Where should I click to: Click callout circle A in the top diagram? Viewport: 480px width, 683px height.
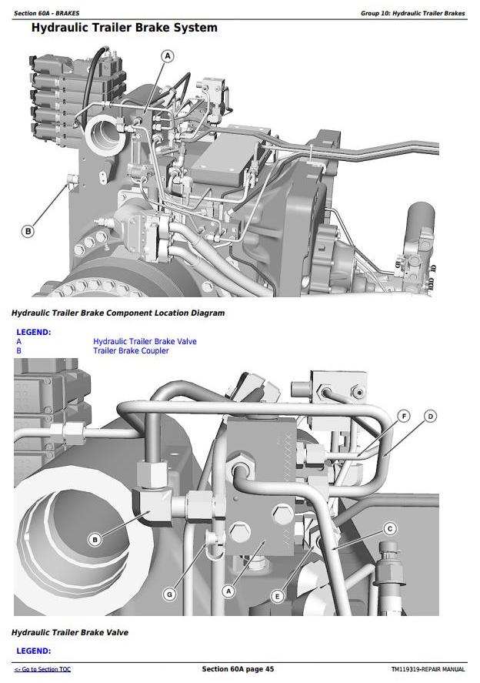(x=168, y=56)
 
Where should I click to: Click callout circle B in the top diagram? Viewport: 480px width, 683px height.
(x=28, y=231)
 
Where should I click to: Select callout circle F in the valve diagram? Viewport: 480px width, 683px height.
(x=404, y=417)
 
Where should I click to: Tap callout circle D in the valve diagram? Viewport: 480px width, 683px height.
(x=431, y=417)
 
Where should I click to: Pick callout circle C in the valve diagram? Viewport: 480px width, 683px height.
(x=390, y=529)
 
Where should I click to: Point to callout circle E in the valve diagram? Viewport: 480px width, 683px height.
(x=277, y=596)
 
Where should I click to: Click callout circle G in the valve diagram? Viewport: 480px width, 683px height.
(x=170, y=594)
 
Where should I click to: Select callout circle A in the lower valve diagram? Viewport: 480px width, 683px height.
(x=228, y=591)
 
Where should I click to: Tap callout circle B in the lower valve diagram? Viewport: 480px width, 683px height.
(x=95, y=540)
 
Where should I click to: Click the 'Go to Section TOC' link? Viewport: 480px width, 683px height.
(x=42, y=669)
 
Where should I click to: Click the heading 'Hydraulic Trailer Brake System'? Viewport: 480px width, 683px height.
(x=125, y=28)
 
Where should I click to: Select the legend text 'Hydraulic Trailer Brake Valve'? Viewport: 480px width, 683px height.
(x=145, y=342)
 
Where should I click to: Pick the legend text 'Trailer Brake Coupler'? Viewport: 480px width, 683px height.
(x=131, y=350)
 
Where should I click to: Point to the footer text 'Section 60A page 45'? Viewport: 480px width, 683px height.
(x=238, y=668)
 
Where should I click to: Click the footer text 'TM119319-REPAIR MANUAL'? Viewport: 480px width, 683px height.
(x=428, y=669)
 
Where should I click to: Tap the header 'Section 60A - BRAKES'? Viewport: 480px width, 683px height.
(x=47, y=14)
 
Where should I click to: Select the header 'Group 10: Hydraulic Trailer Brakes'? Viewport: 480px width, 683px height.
(x=413, y=14)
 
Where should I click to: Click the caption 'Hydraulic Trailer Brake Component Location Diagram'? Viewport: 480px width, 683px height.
(x=118, y=313)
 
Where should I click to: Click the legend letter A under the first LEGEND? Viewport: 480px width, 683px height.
(x=18, y=342)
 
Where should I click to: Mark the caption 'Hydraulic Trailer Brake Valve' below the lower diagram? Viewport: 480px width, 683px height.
(x=70, y=632)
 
